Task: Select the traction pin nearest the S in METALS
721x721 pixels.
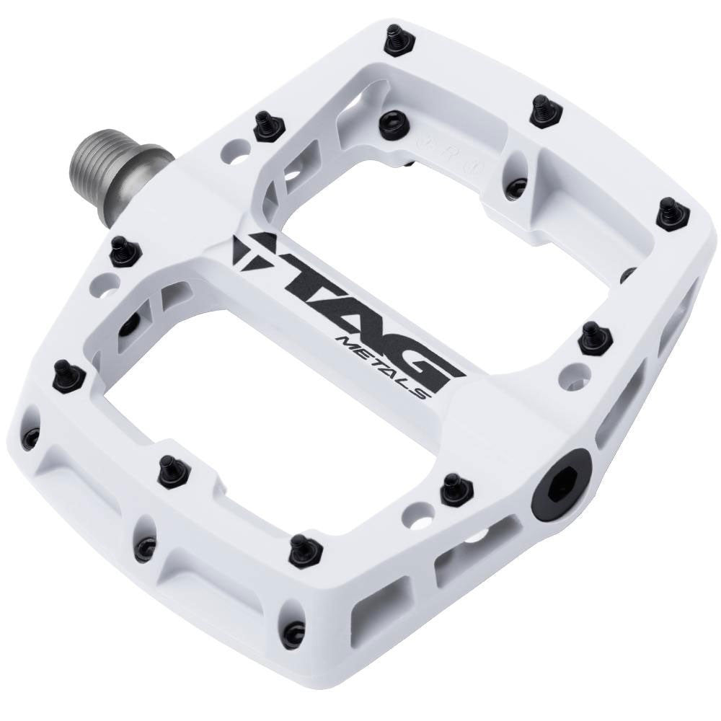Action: point(596,337)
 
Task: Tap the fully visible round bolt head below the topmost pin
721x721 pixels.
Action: point(391,119)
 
